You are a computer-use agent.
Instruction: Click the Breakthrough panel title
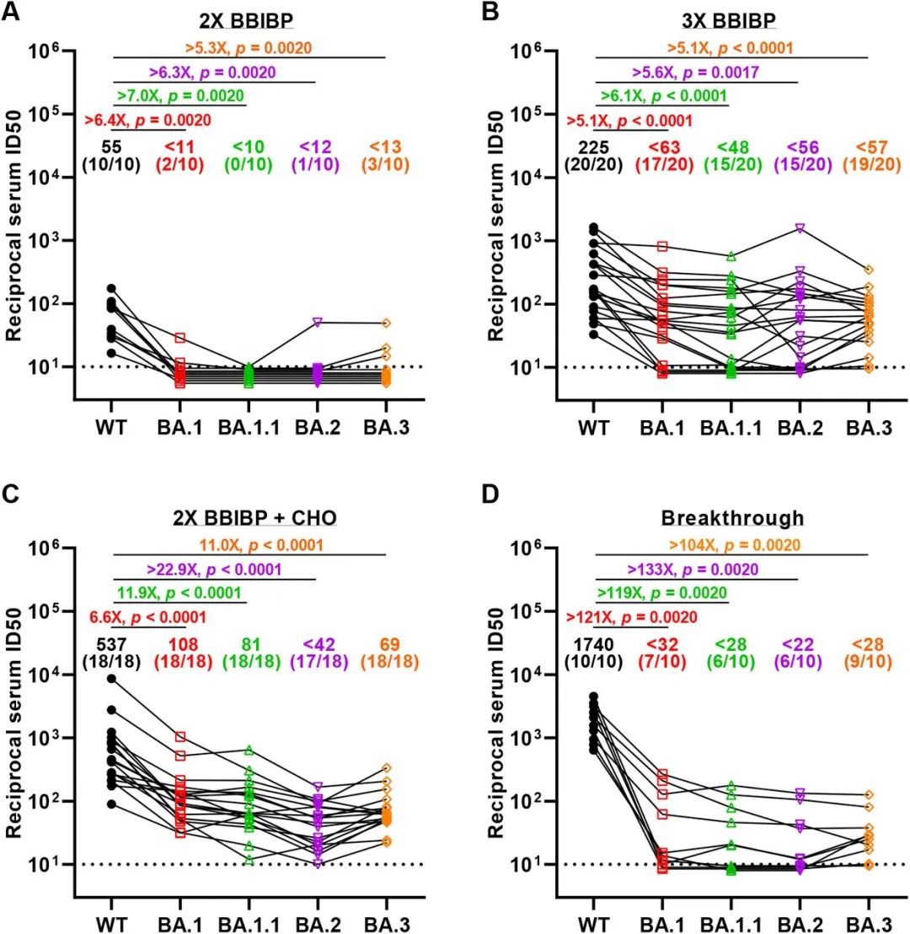click(x=731, y=517)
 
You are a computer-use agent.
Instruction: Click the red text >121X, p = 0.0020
click(x=630, y=617)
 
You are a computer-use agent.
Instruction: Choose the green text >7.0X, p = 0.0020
click(x=181, y=95)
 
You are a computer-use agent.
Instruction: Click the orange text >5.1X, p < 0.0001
click(x=730, y=48)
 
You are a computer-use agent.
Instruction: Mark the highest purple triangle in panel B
click(x=800, y=227)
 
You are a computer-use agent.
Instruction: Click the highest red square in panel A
click(x=180, y=338)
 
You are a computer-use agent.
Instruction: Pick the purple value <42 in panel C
click(x=317, y=644)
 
